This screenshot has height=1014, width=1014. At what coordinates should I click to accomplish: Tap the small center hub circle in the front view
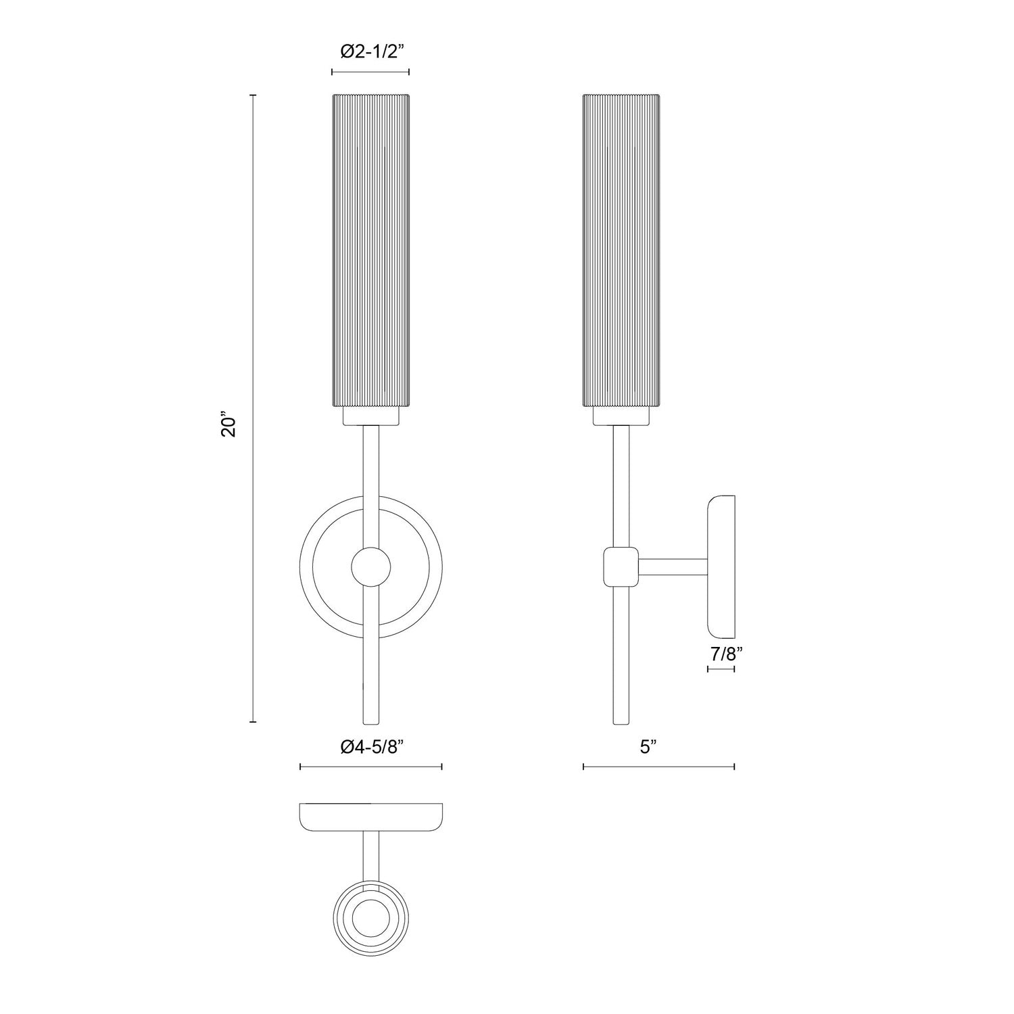click(370, 566)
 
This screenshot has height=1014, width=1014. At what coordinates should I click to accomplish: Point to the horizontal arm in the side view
click(673, 566)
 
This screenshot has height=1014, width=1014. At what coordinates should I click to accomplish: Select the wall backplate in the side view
click(721, 566)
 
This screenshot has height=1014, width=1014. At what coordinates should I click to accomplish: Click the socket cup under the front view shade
click(370, 416)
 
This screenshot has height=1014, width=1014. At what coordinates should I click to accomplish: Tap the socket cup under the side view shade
click(621, 416)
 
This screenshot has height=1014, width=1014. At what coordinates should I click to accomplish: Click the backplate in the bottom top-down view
click(370, 817)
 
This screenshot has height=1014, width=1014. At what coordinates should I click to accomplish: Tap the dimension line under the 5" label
click(658, 767)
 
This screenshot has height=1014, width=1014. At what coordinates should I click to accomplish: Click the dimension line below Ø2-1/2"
click(370, 72)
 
